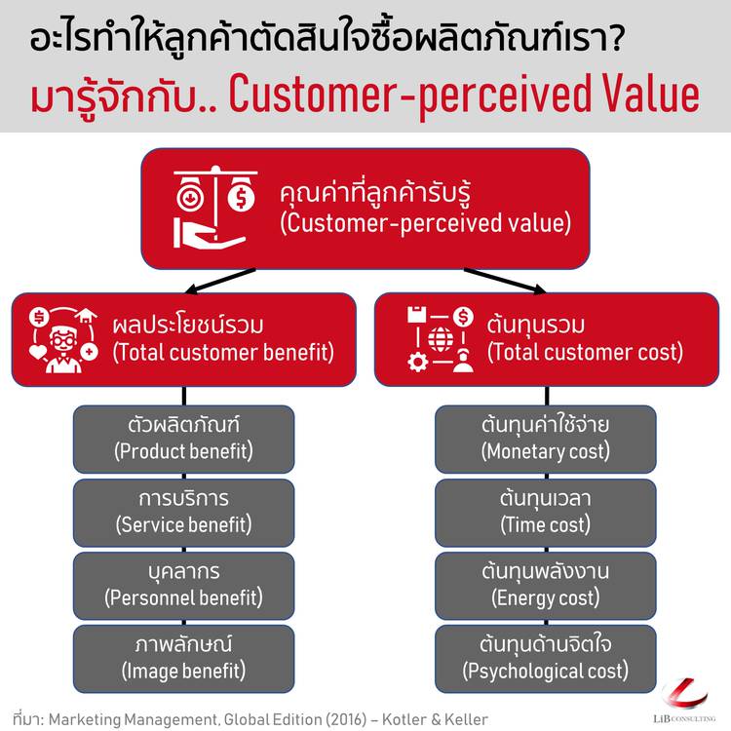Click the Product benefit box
coord(183,439)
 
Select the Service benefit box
coord(183,513)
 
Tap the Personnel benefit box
coord(183,586)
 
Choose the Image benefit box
coord(183,659)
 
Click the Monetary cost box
coord(546,439)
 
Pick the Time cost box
coord(546,513)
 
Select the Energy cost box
coord(546,586)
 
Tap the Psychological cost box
coord(546,659)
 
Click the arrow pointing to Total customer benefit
coord(220,281)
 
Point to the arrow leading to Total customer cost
coord(505,281)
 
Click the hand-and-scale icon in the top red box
coord(215,207)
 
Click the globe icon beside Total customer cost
coord(441,339)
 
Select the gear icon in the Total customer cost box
coord(417,363)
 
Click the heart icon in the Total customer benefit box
coord(38,351)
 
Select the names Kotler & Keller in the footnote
coord(435,719)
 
